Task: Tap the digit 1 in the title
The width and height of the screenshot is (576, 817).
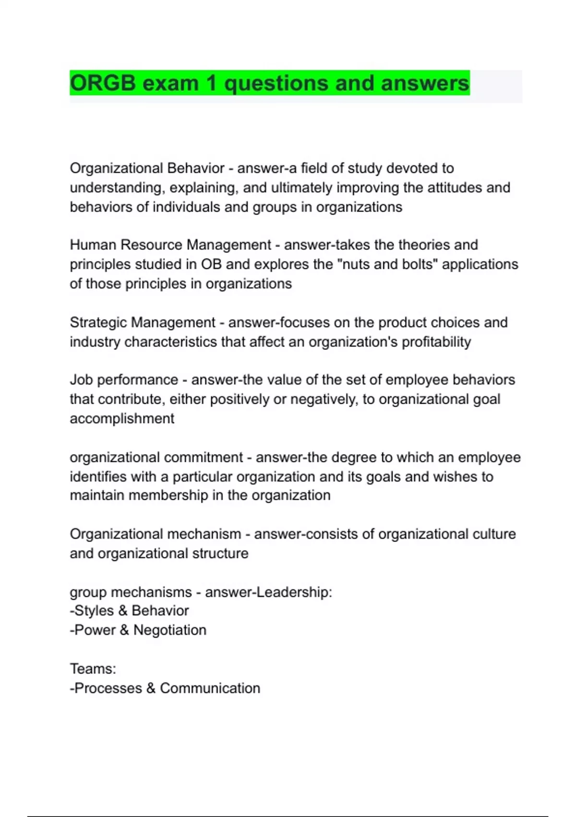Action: click(211, 83)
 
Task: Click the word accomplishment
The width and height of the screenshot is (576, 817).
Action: click(122, 419)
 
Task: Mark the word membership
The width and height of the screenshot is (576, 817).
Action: click(168, 495)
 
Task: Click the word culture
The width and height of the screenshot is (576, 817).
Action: click(494, 534)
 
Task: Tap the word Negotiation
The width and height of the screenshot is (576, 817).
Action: click(170, 630)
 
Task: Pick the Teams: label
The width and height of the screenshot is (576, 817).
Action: click(93, 668)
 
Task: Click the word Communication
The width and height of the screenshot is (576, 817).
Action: click(210, 688)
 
